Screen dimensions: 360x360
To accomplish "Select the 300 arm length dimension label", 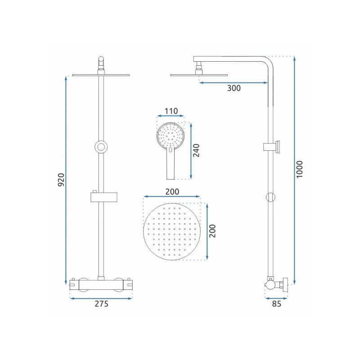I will pyautogui.click(x=234, y=88).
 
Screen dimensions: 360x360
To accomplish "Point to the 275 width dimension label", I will pyautogui.click(x=102, y=304).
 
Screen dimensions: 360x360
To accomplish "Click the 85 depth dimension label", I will pyautogui.click(x=276, y=304).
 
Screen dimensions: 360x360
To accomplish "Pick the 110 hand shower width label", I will pyautogui.click(x=171, y=111).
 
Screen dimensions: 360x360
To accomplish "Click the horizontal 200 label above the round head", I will pyautogui.click(x=172, y=191).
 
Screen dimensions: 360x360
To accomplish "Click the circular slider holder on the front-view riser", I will pyautogui.click(x=101, y=147).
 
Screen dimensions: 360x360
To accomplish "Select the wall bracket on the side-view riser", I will pyautogui.click(x=273, y=146).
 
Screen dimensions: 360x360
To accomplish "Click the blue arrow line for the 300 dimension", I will pyautogui.click(x=234, y=82).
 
